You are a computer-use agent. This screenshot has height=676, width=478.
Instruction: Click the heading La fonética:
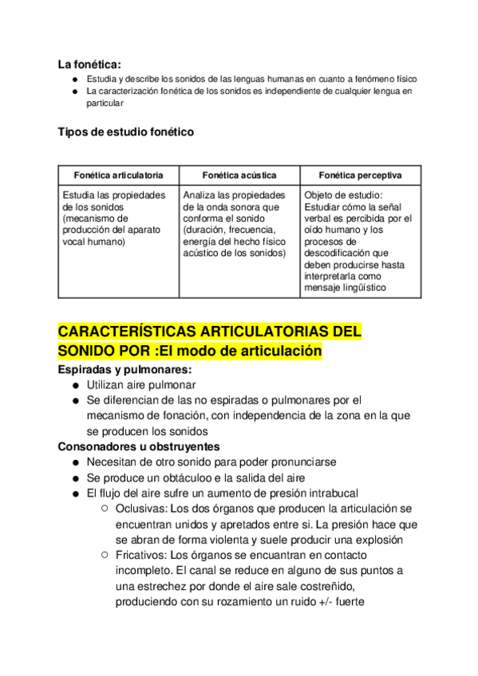click(89, 65)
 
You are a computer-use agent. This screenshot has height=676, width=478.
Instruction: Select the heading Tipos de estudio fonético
click(125, 132)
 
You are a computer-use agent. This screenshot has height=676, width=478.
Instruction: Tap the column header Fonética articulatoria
click(119, 175)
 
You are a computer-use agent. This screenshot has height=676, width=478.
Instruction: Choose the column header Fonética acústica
click(239, 175)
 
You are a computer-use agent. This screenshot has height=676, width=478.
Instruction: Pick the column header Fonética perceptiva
click(360, 175)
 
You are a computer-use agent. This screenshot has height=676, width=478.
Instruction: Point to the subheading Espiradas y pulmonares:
click(124, 370)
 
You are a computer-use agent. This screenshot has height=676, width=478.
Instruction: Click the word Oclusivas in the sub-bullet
click(141, 509)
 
